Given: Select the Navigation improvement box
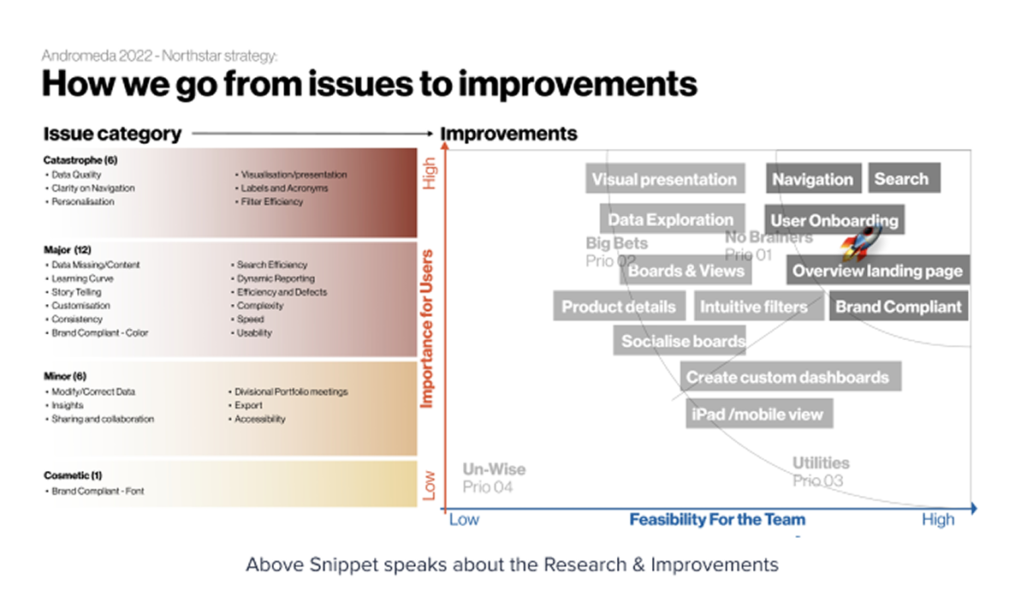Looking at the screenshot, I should click(812, 179).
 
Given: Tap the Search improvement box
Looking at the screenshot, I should click(904, 178).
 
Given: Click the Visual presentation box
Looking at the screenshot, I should click(665, 179).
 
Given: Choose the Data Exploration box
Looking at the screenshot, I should click(671, 219).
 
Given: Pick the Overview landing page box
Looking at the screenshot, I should click(878, 271).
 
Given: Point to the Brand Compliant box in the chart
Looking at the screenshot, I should click(899, 306).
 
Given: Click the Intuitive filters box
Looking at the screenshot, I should click(754, 306).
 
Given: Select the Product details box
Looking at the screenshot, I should click(619, 306).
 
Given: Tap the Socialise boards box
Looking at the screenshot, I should click(682, 340).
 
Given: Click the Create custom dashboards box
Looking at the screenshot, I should click(788, 377).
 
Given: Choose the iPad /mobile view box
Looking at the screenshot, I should click(757, 414).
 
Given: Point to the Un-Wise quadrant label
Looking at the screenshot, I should click(494, 469).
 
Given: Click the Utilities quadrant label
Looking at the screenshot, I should click(820, 463).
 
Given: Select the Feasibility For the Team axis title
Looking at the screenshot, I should click(717, 519).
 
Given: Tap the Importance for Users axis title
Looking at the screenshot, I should click(427, 328).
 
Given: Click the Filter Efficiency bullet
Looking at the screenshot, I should click(271, 202).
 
